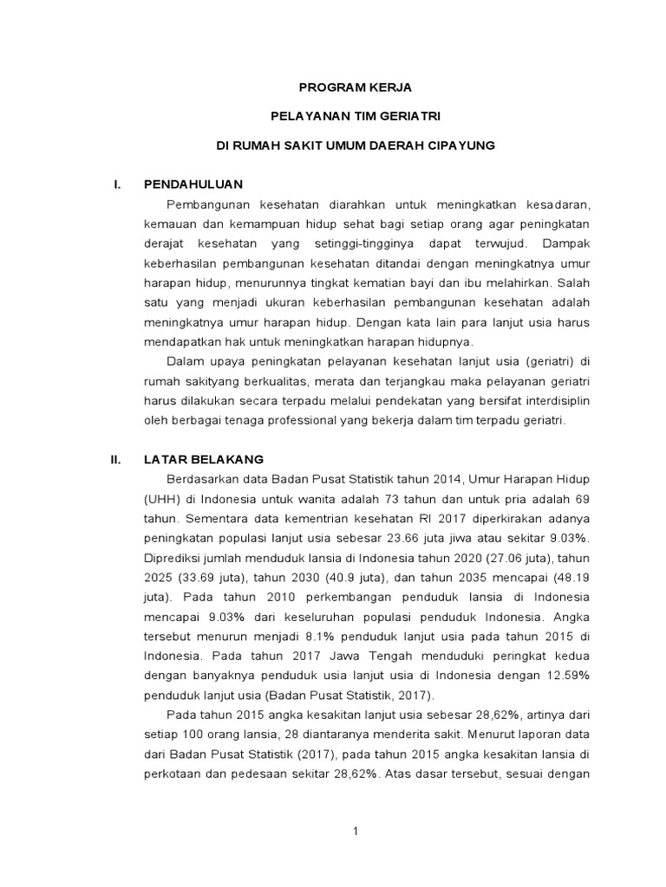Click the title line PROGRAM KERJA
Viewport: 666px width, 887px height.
(x=356, y=87)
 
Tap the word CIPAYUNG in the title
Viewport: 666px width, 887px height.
(x=460, y=146)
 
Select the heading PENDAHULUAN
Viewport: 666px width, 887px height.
(x=193, y=185)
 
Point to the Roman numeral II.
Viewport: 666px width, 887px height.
(x=115, y=459)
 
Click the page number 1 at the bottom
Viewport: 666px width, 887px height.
(x=356, y=832)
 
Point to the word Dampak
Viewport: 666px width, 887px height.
(x=565, y=243)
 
